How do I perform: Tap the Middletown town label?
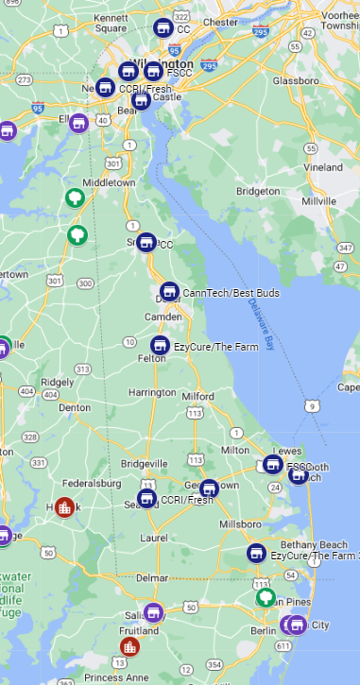click(109, 182)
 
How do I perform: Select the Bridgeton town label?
click(258, 191)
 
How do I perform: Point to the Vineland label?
click(324, 167)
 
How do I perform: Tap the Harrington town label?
click(152, 392)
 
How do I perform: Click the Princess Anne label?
click(115, 676)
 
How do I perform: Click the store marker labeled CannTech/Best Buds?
click(168, 291)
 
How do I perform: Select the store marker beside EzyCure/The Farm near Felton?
click(160, 345)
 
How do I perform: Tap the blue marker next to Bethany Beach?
click(255, 553)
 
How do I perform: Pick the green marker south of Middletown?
click(76, 233)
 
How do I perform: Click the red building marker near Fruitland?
click(129, 646)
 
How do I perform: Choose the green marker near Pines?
click(266, 596)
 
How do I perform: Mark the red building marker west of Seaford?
click(64, 506)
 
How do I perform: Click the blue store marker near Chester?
click(163, 27)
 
